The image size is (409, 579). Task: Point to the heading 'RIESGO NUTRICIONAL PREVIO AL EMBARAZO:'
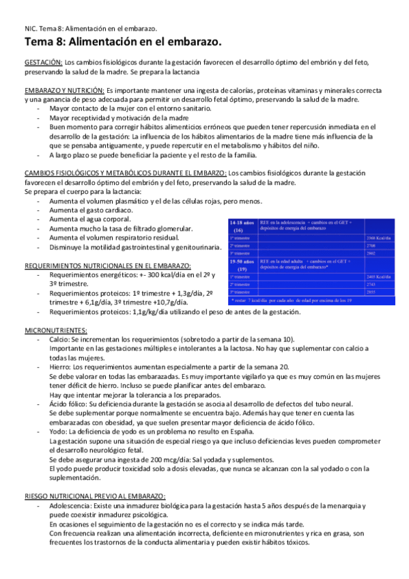click(95, 495)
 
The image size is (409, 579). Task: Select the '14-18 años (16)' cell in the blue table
click(243, 226)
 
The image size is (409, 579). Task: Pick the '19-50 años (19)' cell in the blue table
click(243, 265)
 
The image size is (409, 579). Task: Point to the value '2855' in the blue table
click(372, 292)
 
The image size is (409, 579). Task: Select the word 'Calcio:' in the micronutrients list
click(63, 339)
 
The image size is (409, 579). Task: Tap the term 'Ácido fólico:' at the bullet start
click(71, 404)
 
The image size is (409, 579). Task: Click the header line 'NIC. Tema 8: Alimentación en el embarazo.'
click(91, 29)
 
